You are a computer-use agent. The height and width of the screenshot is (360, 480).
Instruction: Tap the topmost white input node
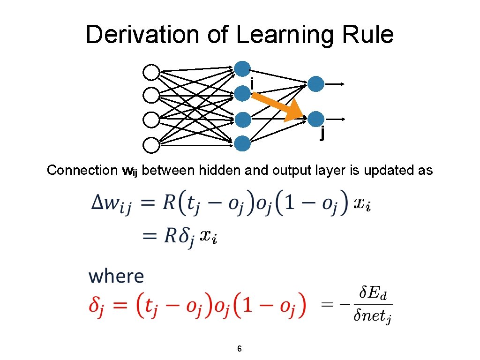tap(151, 73)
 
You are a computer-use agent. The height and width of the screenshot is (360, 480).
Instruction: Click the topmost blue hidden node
tap(242, 69)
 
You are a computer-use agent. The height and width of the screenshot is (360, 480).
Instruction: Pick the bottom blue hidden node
tap(242, 142)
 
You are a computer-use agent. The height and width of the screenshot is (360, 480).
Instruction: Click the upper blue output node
tap(316, 84)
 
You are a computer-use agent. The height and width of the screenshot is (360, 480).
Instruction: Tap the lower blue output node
tap(316, 119)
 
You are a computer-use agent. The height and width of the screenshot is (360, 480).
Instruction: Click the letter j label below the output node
tap(322, 134)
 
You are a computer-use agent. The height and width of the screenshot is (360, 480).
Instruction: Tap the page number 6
tap(240, 349)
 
